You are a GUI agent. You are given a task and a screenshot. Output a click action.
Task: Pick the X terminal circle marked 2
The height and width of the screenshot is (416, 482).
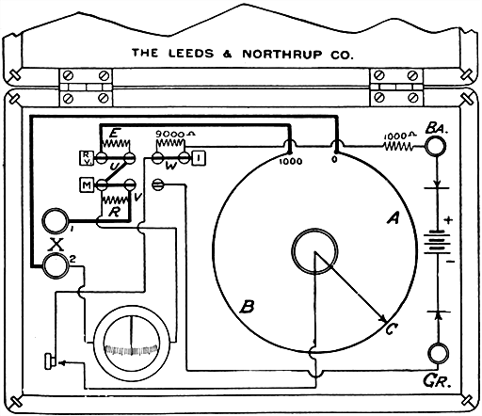coord(56,266)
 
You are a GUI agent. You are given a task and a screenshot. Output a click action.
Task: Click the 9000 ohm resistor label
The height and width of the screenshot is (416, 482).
coord(171,135)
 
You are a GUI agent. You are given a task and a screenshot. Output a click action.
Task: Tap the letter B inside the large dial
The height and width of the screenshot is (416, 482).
coord(247,307)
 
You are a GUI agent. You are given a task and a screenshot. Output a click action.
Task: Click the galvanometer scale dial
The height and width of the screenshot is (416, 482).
coord(133,343)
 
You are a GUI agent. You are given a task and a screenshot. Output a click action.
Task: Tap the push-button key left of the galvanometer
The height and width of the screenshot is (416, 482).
coord(49,360)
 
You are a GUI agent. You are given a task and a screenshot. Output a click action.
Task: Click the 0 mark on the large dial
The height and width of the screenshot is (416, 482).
coord(337,161)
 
